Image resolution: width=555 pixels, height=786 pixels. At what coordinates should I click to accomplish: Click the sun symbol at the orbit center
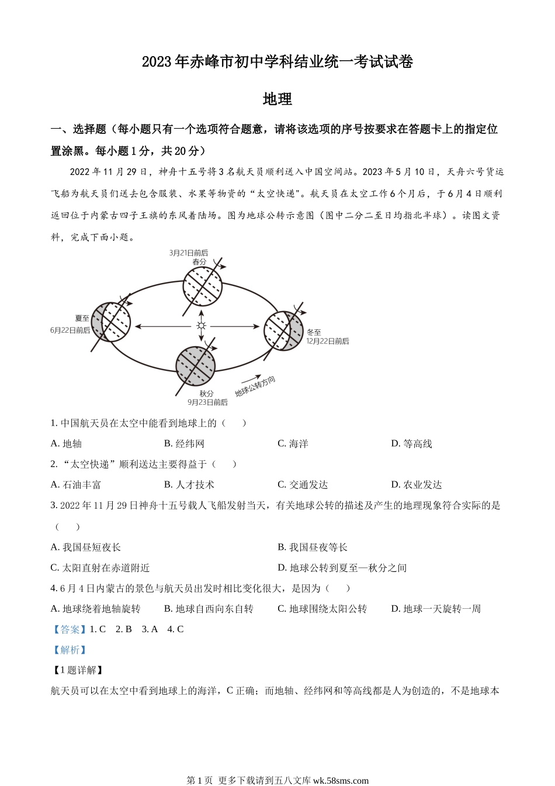[202, 326]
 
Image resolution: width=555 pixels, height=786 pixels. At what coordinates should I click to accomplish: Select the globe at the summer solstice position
[111, 322]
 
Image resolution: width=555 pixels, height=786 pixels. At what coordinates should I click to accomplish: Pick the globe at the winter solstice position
[284, 330]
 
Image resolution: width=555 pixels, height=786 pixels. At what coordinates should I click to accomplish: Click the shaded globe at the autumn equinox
[196, 367]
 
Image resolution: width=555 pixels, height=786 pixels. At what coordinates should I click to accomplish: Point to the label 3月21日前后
[188, 253]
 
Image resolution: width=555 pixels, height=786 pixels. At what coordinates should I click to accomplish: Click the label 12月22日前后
[328, 341]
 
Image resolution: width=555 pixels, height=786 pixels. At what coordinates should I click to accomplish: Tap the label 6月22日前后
[70, 330]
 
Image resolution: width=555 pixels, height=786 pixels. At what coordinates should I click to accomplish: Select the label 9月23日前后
[207, 402]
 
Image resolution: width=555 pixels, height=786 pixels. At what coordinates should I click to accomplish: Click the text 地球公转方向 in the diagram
[255, 387]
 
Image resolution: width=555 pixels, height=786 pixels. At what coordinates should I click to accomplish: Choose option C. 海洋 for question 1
[293, 444]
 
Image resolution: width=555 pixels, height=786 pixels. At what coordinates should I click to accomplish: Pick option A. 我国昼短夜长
[86, 547]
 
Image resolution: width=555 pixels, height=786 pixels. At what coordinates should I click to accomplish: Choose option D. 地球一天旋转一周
[436, 609]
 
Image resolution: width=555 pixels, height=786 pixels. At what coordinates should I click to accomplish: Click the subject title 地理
[277, 99]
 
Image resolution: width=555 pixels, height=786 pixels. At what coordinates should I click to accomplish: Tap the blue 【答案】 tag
[70, 629]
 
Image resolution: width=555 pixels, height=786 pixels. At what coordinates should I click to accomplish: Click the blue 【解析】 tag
[70, 650]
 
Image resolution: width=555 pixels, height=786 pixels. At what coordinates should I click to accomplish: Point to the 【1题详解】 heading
[78, 670]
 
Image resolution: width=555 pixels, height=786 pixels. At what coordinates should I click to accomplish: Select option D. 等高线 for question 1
[411, 444]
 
